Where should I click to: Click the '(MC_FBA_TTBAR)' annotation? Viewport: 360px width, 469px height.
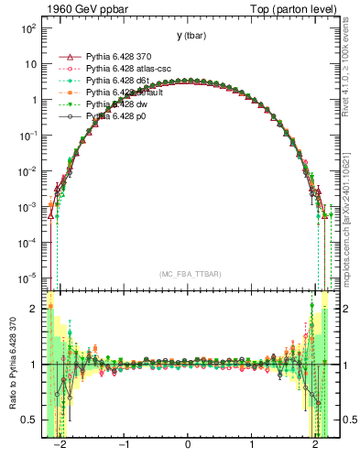188,274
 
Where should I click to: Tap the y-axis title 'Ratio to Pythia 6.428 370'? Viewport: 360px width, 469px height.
12,365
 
